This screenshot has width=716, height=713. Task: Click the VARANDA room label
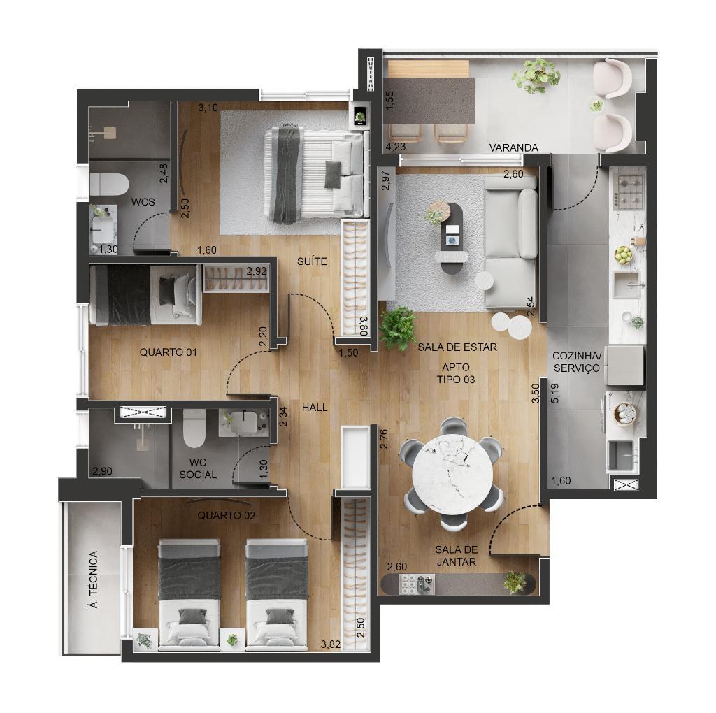tap(514, 148)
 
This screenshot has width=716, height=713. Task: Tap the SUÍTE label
tap(312, 261)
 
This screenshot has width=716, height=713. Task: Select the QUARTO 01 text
tap(168, 352)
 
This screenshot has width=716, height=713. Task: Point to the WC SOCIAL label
tap(198, 469)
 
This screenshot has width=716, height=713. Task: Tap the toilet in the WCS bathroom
tap(109, 185)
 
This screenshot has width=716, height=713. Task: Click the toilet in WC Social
tap(194, 428)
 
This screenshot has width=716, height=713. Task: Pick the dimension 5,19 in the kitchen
tap(555, 393)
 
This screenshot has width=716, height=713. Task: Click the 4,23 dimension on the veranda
tap(396, 147)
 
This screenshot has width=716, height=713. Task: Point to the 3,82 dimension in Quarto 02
tap(331, 644)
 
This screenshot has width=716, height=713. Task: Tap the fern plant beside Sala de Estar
tap(398, 327)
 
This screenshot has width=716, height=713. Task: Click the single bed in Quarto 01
tap(145, 295)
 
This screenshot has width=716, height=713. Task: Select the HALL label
tap(315, 407)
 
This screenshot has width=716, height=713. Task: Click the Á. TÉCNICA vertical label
tap(94, 579)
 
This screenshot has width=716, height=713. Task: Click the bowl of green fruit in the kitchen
tap(623, 255)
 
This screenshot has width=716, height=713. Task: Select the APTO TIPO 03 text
tap(456, 373)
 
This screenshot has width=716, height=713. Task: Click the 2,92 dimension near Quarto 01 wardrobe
tap(257, 271)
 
